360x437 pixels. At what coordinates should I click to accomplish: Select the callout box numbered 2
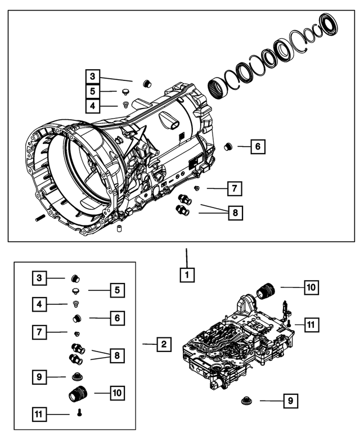(x=164, y=344)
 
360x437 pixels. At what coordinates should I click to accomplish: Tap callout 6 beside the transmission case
(x=257, y=147)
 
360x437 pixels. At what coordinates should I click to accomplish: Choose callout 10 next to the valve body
(x=311, y=287)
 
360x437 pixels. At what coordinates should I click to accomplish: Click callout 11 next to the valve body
(x=312, y=324)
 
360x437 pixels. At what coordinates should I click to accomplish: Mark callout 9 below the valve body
(x=290, y=401)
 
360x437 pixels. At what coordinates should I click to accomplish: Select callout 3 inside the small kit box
(x=38, y=277)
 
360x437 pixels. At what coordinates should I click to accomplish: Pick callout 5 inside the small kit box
(x=117, y=290)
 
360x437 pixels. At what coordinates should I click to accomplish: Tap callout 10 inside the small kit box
(x=117, y=392)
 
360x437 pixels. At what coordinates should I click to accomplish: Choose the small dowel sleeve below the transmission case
(x=119, y=230)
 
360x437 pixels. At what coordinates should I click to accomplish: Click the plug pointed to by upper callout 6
(x=228, y=147)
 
